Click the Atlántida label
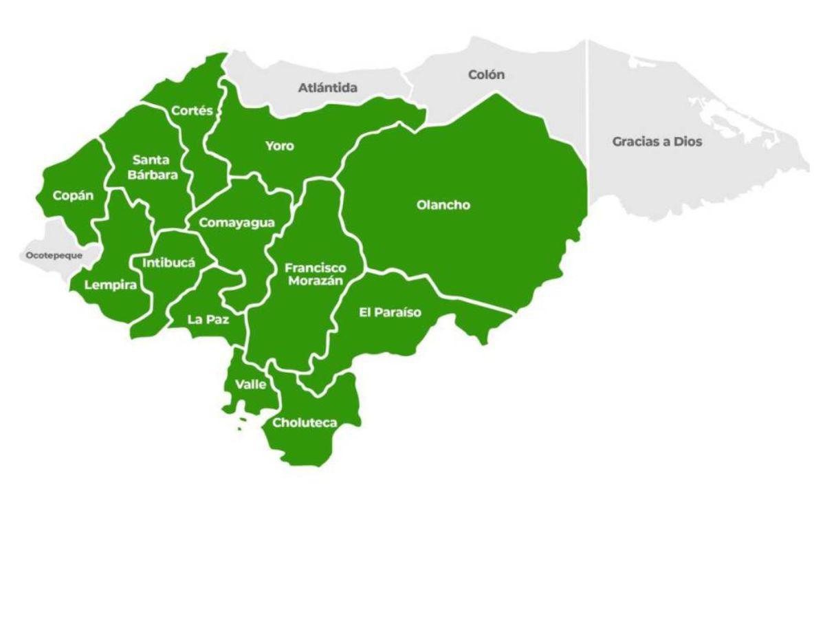(x=327, y=88)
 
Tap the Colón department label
(x=486, y=74)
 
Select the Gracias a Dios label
(x=657, y=142)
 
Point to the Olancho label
(x=443, y=205)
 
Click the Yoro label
(x=280, y=146)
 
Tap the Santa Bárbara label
(x=152, y=168)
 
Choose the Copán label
(x=74, y=196)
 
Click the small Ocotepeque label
(x=54, y=255)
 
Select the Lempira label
(x=111, y=285)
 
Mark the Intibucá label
(x=169, y=263)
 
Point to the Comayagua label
(x=236, y=223)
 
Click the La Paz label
(x=208, y=319)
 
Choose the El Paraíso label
(x=390, y=313)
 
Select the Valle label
(x=250, y=384)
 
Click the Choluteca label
(x=305, y=422)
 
